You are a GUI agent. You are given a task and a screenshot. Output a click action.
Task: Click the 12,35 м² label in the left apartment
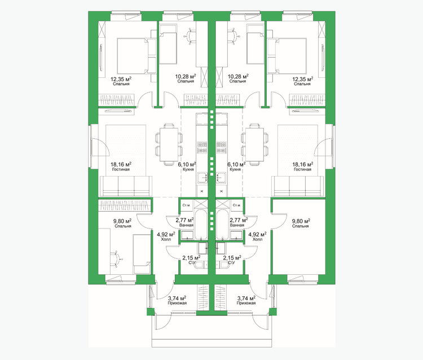click(x=121, y=79)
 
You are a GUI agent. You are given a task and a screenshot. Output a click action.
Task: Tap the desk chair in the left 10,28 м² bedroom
click(x=191, y=36)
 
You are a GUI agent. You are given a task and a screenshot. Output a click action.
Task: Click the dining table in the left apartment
click(x=169, y=144)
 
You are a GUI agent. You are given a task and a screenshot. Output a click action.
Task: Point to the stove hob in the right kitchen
click(x=222, y=148)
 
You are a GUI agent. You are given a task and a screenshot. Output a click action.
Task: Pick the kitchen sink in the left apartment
click(x=202, y=178)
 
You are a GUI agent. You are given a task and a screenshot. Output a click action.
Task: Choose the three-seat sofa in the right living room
click(x=298, y=186)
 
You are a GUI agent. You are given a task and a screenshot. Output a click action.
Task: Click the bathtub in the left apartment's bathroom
click(x=201, y=224)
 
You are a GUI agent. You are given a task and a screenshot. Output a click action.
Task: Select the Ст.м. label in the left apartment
click(x=187, y=205)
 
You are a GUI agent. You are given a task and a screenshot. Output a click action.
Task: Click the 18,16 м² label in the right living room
click(x=303, y=164)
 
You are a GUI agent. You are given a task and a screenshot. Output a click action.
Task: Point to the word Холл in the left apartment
click(x=166, y=239)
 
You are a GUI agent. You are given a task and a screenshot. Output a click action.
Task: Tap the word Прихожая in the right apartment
click(x=246, y=303)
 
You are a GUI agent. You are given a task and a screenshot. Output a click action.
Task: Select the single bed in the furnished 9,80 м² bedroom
click(x=142, y=254)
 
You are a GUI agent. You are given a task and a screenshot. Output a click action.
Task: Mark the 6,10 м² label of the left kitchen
click(x=187, y=164)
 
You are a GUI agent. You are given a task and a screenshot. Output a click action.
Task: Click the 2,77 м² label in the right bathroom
click(x=239, y=220)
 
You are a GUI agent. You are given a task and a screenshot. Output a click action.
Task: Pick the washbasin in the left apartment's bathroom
click(x=187, y=235)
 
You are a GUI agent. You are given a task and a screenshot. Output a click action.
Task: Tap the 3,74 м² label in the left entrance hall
click(x=177, y=298)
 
